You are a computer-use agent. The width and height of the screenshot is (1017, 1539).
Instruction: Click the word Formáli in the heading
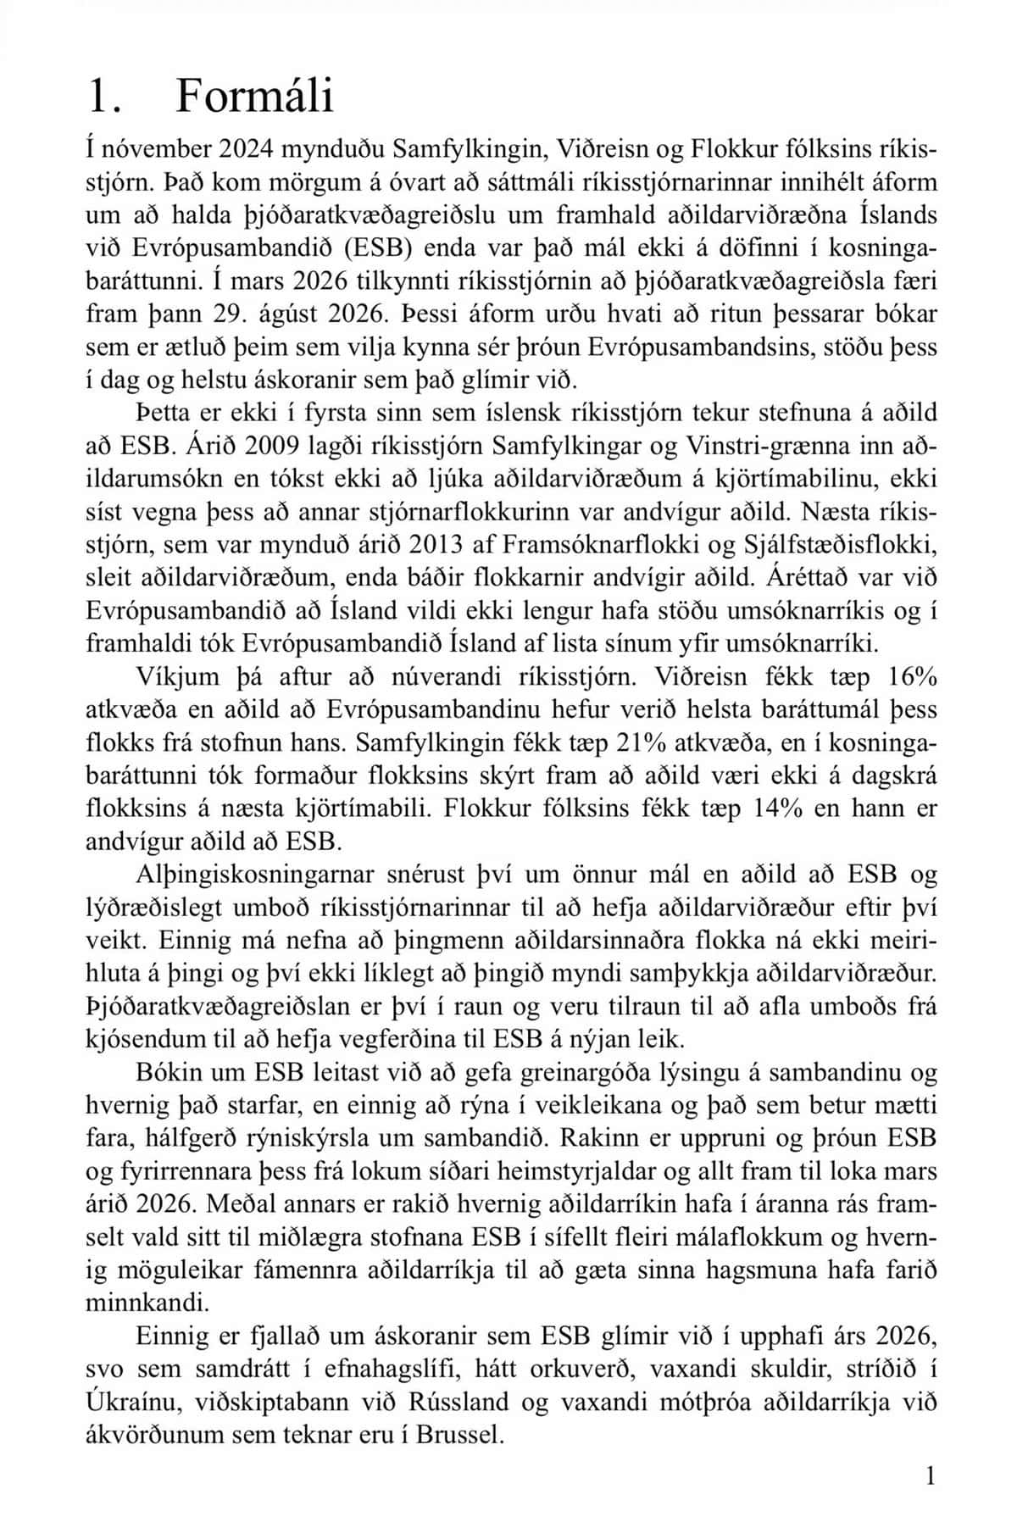[254, 96]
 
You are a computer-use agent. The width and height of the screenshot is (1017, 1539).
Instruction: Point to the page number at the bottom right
[931, 1500]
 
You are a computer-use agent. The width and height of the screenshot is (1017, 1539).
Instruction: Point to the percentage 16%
[910, 676]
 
